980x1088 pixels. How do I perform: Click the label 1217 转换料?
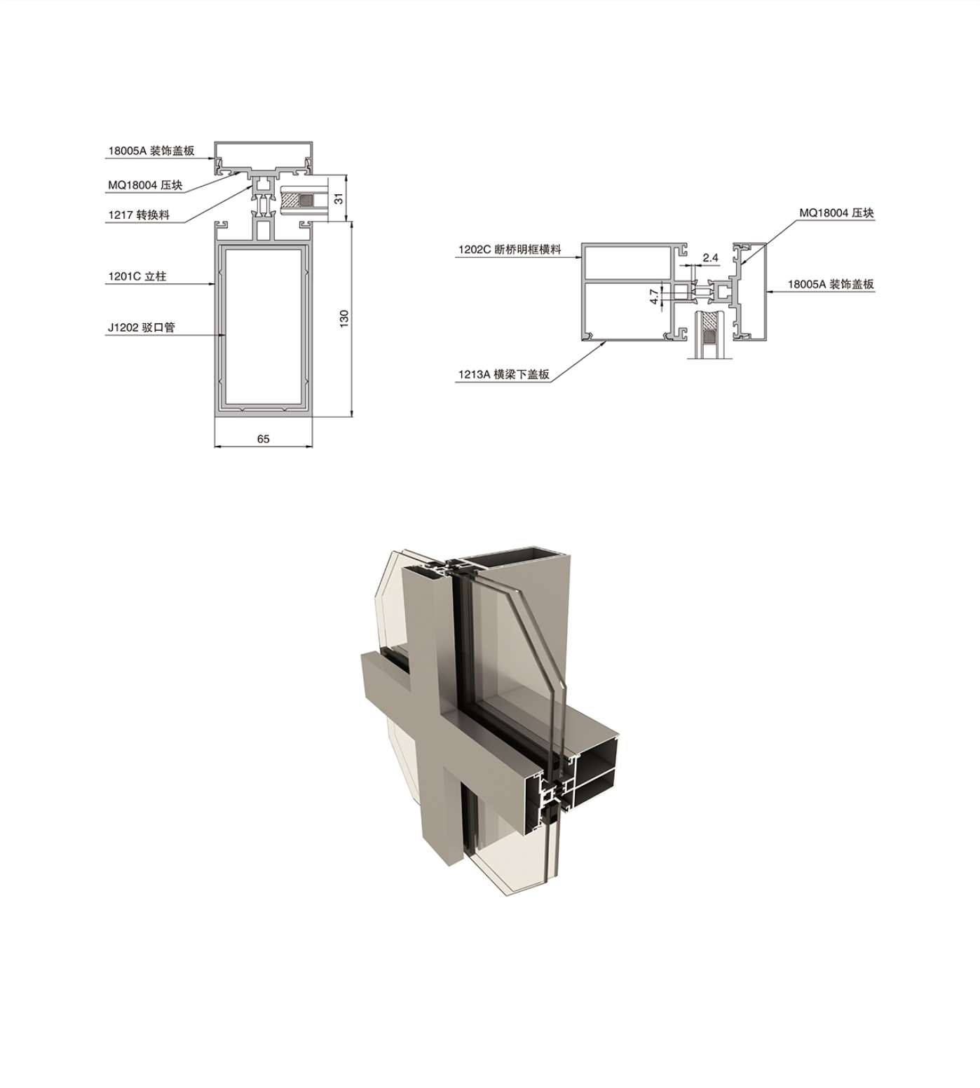pyautogui.click(x=139, y=215)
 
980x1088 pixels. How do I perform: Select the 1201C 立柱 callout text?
pyautogui.click(x=137, y=276)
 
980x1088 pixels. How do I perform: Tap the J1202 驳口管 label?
pyautogui.click(x=142, y=327)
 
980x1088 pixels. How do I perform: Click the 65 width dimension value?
pyautogui.click(x=263, y=439)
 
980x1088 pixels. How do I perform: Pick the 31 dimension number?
pyautogui.click(x=339, y=198)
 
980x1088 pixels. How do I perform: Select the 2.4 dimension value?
pyautogui.click(x=710, y=257)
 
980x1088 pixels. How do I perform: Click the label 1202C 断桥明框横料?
pyautogui.click(x=510, y=250)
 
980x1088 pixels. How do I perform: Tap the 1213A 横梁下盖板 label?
pyautogui.click(x=503, y=374)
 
